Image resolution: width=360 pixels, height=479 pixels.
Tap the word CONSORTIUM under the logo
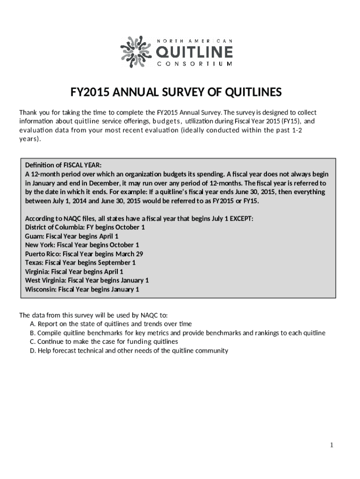(193, 64)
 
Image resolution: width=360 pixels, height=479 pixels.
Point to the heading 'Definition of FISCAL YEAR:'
(63, 165)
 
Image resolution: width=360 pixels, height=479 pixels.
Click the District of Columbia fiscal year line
(85, 227)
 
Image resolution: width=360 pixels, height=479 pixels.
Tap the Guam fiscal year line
(72, 236)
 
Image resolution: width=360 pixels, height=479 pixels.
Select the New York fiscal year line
(82, 245)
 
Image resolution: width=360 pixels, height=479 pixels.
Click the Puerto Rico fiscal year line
(84, 254)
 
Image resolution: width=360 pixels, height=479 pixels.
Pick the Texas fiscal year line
(80, 263)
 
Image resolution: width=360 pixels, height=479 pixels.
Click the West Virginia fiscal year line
(86, 281)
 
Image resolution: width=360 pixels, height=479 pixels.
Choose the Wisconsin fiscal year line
(82, 290)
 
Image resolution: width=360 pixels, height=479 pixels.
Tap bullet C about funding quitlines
(103, 342)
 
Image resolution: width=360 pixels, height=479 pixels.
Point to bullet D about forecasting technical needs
(129, 351)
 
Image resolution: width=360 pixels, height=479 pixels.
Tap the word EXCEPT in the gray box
(241, 218)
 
